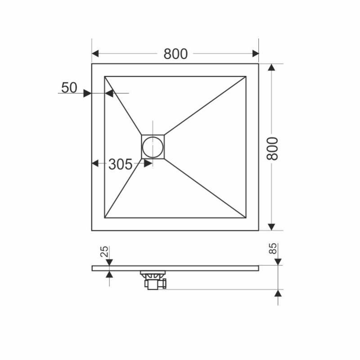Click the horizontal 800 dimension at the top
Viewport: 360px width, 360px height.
click(175, 54)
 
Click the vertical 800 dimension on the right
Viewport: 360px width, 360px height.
click(272, 148)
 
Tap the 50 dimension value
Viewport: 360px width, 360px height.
click(69, 88)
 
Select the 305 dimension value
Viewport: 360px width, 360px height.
click(120, 164)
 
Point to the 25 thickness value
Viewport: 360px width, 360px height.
click(104, 252)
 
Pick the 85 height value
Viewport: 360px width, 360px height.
click(273, 249)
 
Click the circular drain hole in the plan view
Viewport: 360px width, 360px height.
click(153, 147)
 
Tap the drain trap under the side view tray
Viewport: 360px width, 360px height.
click(153, 280)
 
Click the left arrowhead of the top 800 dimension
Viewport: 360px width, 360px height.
click(95, 54)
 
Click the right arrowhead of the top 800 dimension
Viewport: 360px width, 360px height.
click(256, 54)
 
